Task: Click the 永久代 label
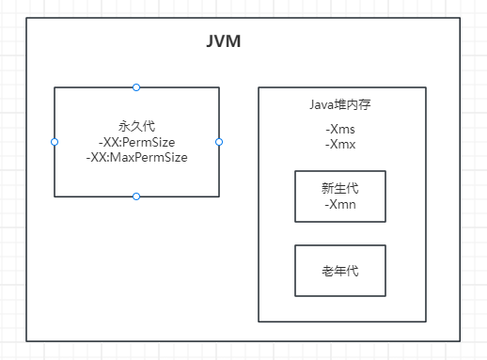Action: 136,126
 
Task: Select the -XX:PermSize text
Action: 136,142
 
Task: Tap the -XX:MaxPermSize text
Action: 136,157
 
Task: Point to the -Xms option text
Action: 340,130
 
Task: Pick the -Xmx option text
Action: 340,145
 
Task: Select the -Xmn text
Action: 339,204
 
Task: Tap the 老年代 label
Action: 339,271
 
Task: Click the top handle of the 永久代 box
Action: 136,87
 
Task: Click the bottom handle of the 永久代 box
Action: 136,196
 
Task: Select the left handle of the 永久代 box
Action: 55,142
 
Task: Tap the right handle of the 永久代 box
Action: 219,142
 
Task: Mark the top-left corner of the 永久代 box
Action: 55,87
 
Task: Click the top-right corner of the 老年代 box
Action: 385,245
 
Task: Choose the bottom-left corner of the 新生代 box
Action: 295,221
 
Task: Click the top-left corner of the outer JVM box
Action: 26,18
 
